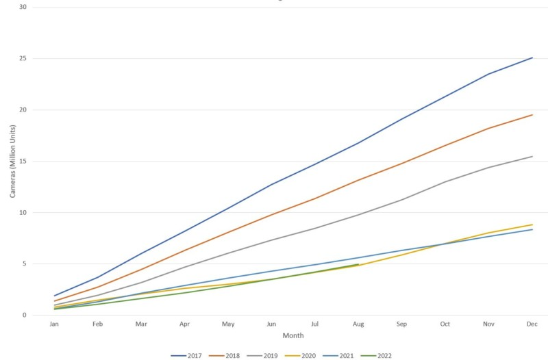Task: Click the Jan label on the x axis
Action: pos(55,325)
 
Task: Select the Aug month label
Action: pos(358,325)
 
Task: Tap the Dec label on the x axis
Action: pos(532,325)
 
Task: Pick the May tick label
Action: pos(228,325)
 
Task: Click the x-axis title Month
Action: pos(292,336)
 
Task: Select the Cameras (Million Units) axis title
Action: pos(12,162)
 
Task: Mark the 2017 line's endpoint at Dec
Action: pos(532,57)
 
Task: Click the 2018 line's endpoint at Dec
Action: pos(532,114)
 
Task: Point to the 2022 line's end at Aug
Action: pos(358,264)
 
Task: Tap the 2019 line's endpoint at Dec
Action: pos(532,156)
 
